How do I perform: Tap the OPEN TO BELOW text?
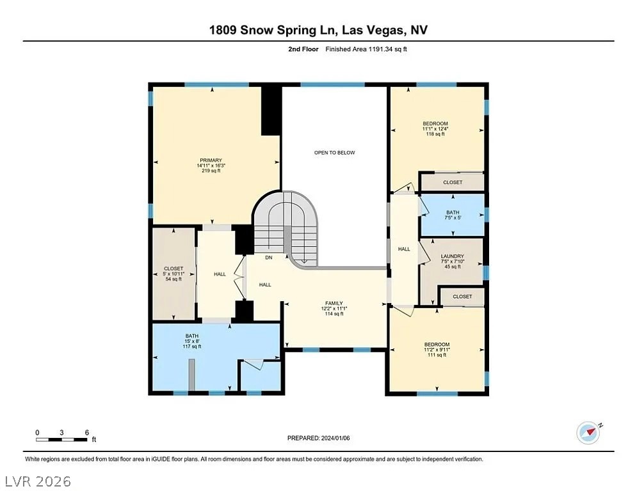[334, 152]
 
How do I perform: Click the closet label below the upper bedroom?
[453, 182]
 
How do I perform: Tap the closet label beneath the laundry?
[462, 297]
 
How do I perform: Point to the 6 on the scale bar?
[86, 432]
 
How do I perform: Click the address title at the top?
[318, 30]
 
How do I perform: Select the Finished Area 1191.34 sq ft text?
[366, 49]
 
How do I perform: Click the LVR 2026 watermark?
[37, 480]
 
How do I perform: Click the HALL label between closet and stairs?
[220, 274]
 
